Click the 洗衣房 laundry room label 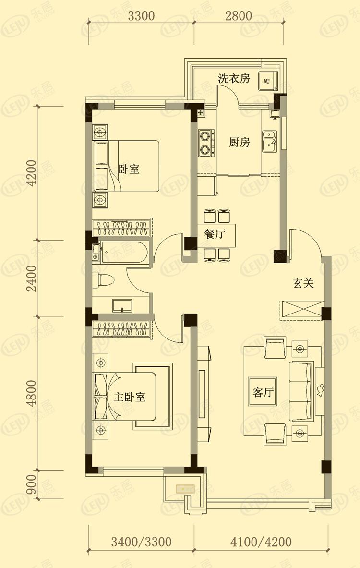[x=234, y=79]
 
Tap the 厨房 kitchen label [x=239, y=143]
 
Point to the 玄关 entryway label [x=303, y=284]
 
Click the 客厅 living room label [x=263, y=393]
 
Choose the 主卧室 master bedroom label [x=130, y=398]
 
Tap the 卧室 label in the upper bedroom [x=129, y=169]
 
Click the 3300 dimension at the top [x=141, y=15]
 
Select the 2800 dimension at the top [x=239, y=15]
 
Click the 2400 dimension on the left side [x=32, y=279]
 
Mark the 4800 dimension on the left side [x=32, y=393]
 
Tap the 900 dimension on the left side [x=32, y=486]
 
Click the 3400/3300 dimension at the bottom [x=141, y=543]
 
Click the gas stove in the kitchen [x=206, y=143]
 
